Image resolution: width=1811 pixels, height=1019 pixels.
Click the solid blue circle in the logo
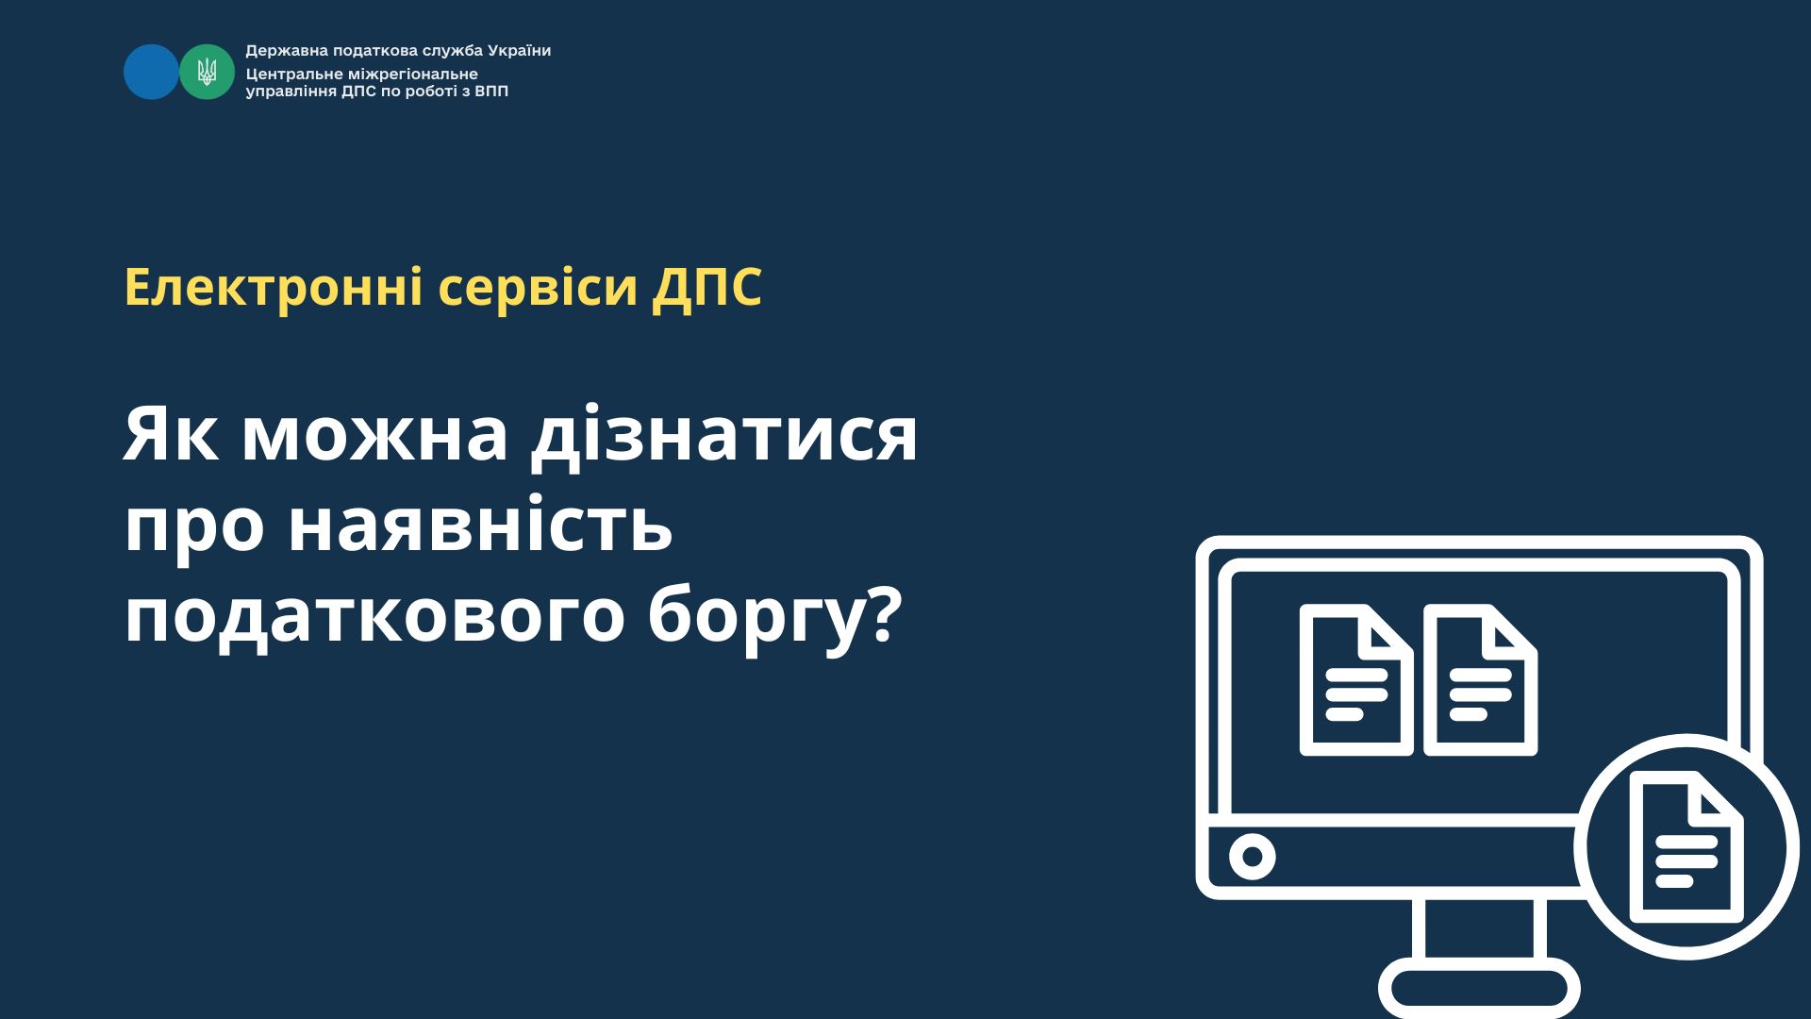[x=151, y=72]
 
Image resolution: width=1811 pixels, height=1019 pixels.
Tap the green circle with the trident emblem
[x=207, y=72]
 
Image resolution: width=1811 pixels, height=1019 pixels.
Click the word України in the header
[x=518, y=51]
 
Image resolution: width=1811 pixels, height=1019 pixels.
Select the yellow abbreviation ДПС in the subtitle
[x=706, y=289]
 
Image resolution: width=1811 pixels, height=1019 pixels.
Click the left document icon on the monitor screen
[x=1356, y=680]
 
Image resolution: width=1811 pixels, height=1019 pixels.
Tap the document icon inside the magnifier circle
[x=1686, y=847]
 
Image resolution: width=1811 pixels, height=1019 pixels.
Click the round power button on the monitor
[x=1253, y=857]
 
